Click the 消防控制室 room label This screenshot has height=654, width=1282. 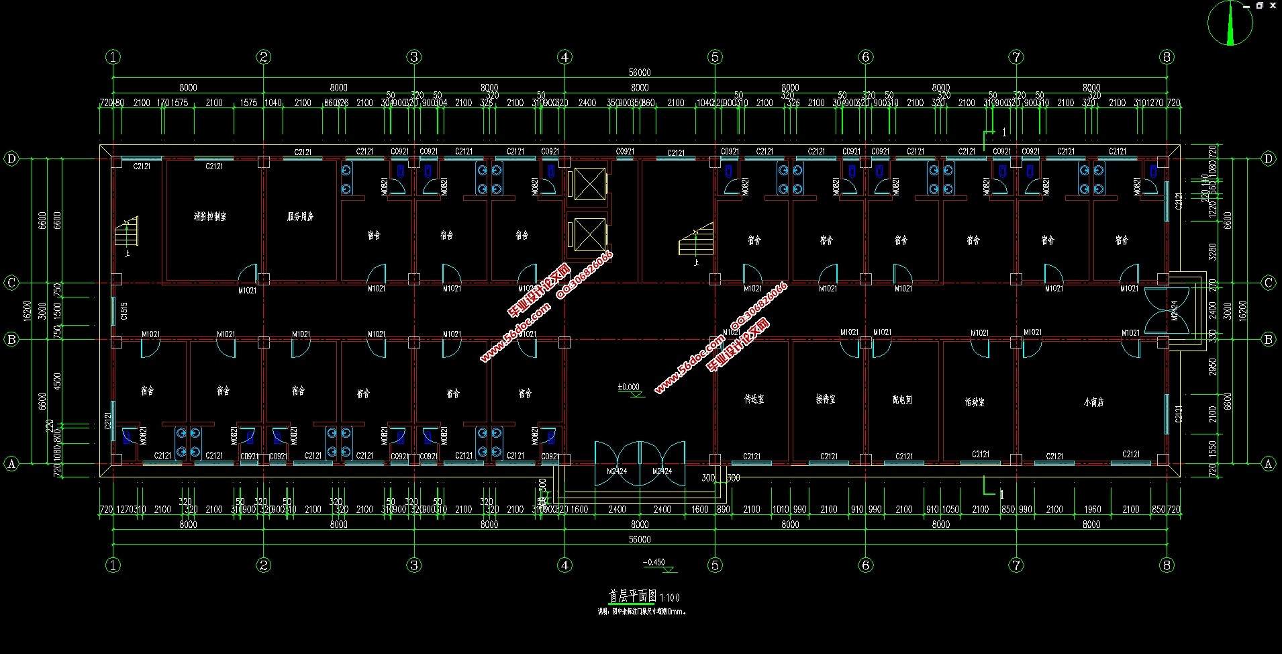210,217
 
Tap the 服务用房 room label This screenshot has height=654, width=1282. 300,217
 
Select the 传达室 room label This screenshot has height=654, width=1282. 754,399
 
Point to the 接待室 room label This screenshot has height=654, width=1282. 826,399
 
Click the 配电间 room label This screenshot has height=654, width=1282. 902,400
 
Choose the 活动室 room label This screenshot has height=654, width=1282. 975,402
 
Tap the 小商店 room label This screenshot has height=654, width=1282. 1093,402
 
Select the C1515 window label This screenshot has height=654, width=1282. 124,310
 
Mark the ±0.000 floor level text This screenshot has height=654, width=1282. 628,387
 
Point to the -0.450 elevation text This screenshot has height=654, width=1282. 654,563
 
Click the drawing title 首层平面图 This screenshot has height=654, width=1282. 632,596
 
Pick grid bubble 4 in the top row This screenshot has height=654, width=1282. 564,57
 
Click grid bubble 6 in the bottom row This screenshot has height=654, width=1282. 865,565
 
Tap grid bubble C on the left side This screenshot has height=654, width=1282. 11,283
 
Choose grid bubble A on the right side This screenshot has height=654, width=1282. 1268,463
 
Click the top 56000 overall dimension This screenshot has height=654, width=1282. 640,73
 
